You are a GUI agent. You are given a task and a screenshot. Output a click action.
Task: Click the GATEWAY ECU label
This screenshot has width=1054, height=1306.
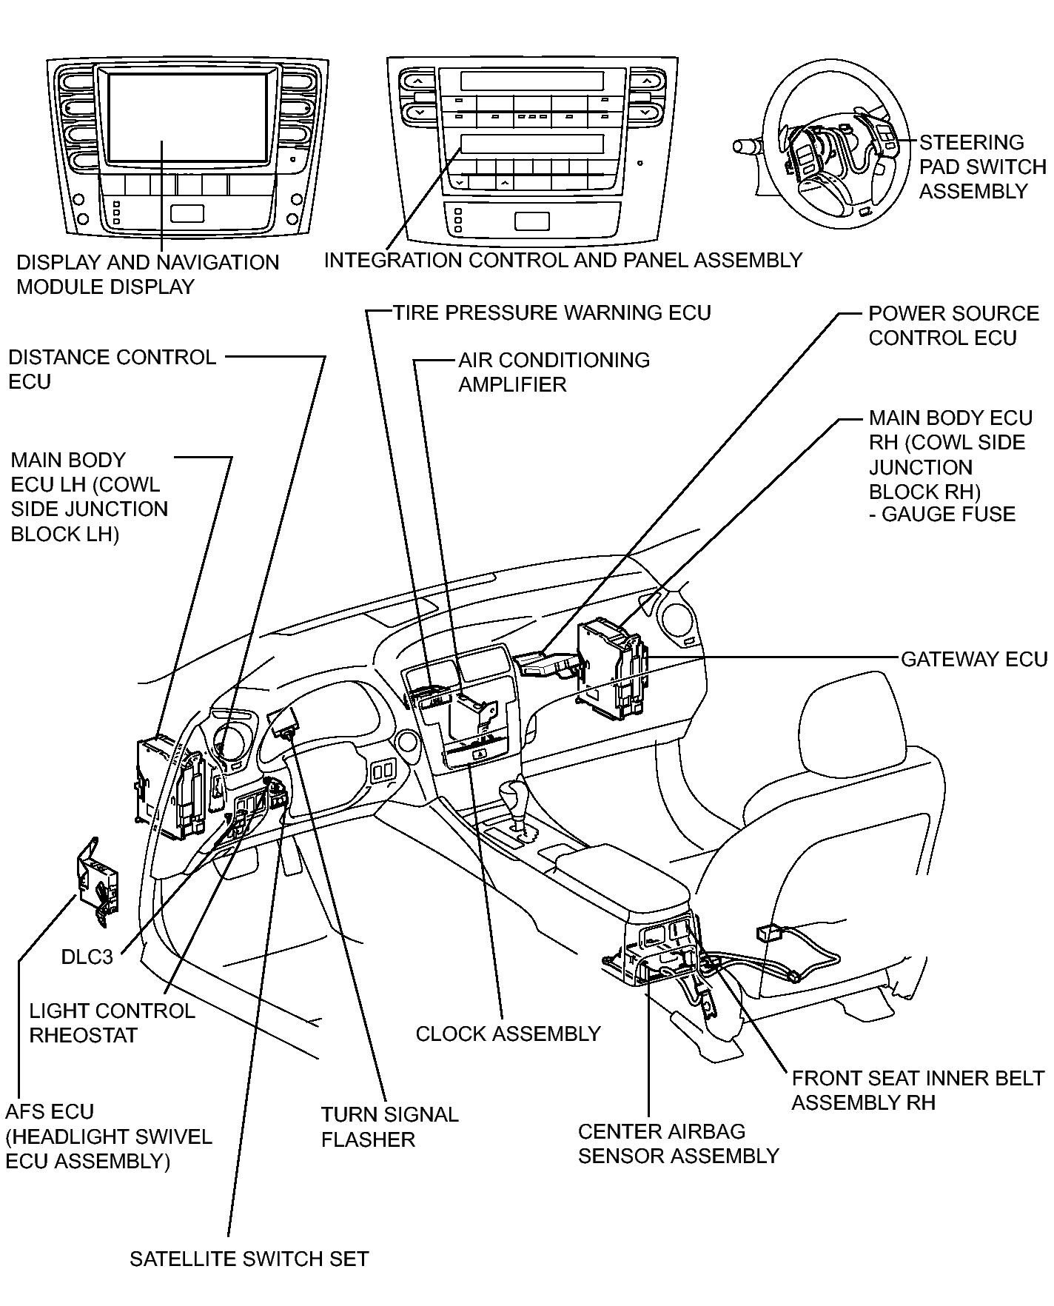(974, 659)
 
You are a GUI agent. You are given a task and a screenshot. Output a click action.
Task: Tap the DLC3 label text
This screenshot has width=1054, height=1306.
(87, 957)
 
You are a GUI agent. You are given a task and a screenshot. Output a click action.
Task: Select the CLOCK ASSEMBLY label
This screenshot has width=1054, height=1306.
(508, 1034)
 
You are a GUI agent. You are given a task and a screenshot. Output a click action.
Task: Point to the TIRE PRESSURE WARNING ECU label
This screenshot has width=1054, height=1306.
(551, 312)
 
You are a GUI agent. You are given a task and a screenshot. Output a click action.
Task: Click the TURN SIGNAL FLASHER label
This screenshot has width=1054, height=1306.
(389, 1127)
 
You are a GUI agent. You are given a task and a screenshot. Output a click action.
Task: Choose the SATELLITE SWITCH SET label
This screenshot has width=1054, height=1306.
(249, 1259)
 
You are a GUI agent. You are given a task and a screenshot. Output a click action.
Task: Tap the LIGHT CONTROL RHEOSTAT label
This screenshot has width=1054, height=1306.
(112, 1022)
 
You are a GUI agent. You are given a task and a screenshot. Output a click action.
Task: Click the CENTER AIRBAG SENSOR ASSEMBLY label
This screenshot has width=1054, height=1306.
(678, 1144)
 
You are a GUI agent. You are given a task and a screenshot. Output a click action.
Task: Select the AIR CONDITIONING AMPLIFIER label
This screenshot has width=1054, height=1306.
(554, 372)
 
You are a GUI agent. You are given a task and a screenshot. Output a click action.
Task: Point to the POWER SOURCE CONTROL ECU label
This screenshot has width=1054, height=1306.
(953, 325)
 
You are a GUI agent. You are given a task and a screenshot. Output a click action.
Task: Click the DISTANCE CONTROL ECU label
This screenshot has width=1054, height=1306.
(112, 369)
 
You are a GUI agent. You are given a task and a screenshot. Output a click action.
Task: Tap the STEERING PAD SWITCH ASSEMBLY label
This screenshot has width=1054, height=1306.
(982, 167)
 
